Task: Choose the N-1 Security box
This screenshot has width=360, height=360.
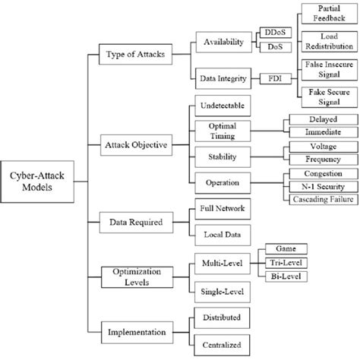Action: tap(313, 186)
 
